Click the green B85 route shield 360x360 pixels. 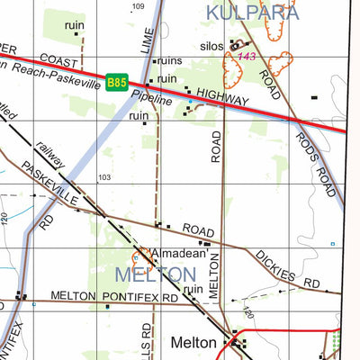click(x=116, y=82)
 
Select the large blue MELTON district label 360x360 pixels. click(x=156, y=273)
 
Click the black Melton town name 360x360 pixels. click(x=194, y=342)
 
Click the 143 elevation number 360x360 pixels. click(x=247, y=57)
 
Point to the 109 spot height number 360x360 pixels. click(x=137, y=6)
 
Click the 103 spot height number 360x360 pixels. click(x=104, y=177)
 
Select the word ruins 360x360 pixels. click(x=170, y=62)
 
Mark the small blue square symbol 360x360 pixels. click(x=331, y=244)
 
